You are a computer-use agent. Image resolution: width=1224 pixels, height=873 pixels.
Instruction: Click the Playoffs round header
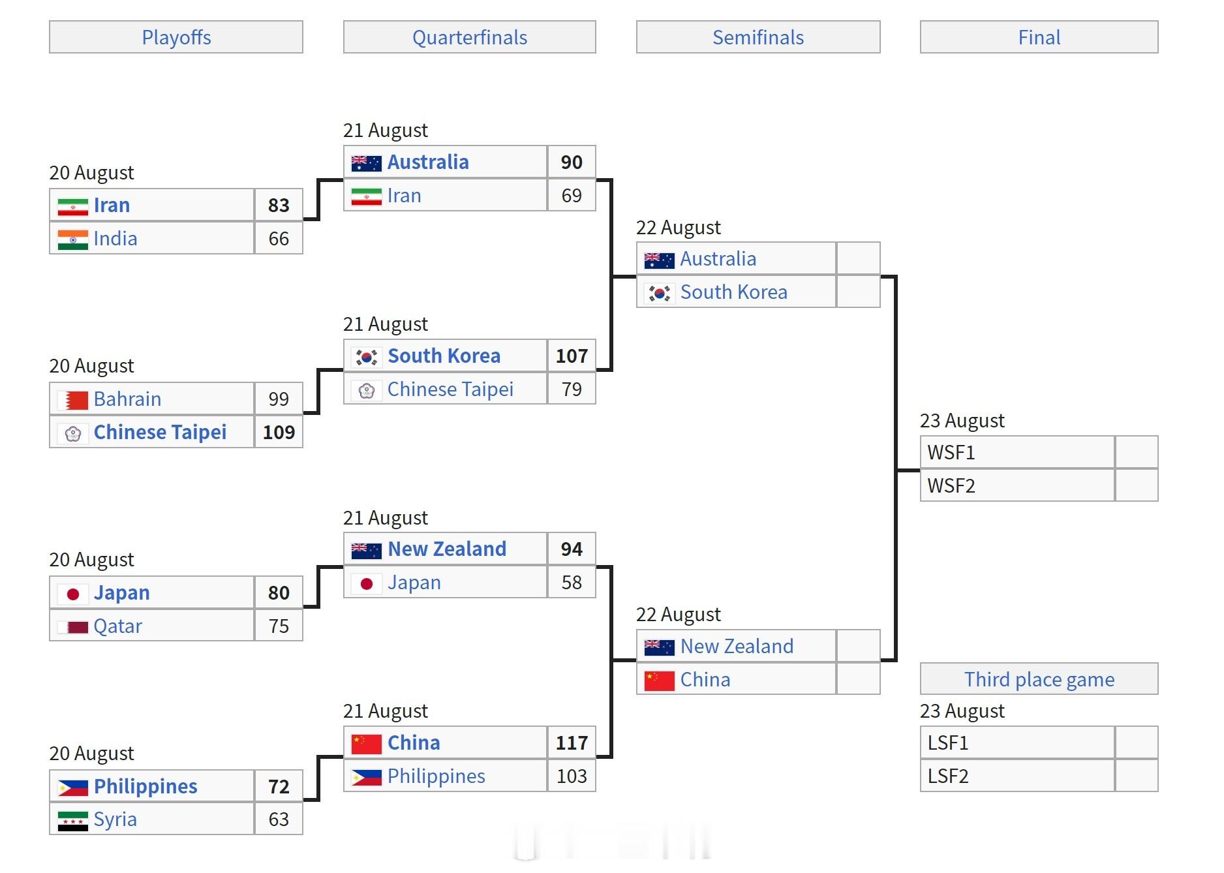coord(176,37)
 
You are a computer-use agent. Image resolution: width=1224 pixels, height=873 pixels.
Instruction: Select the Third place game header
coord(1039,679)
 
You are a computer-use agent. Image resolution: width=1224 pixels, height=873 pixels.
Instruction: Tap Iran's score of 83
coord(279,205)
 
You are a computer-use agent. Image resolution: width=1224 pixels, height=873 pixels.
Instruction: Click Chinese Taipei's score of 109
coord(279,432)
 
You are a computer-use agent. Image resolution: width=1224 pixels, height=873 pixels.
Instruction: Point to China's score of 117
coord(572,743)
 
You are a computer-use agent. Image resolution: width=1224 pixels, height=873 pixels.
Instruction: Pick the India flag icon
coord(73,239)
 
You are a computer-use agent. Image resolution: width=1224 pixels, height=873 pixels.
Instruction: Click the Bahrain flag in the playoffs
coord(73,400)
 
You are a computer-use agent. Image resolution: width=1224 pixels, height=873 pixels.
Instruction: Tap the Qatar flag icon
coord(73,627)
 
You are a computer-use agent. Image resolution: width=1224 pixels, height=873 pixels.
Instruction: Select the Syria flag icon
coord(73,821)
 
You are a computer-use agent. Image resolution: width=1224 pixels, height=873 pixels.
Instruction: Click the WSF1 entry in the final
coord(951,452)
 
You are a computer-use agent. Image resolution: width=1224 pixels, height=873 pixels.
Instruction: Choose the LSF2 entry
coord(948,776)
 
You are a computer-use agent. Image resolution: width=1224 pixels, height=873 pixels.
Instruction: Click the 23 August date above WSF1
coord(962,421)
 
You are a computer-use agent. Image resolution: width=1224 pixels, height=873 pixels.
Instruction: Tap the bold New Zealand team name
coord(447,549)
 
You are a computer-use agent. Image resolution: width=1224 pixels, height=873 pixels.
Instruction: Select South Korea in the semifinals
coord(734,292)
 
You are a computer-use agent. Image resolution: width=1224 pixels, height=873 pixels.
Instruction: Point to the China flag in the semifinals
coord(660,681)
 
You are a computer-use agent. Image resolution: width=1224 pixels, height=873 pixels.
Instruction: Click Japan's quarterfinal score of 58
coord(572,582)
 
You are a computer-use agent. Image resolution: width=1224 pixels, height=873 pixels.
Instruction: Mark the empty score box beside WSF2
coord(1137,485)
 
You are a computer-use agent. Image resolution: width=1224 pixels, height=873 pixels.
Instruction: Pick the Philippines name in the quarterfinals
coord(436,776)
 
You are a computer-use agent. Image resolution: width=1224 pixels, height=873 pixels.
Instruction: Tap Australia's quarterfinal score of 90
coord(572,162)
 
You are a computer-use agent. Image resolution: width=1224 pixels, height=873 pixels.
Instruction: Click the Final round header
coord(1039,37)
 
